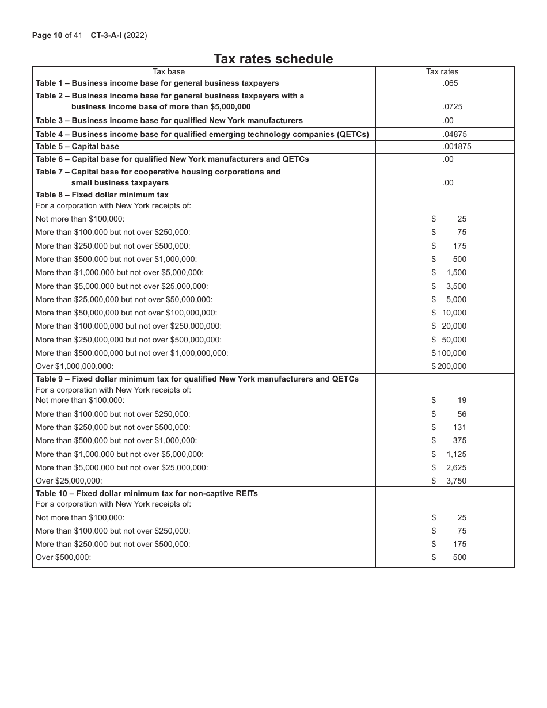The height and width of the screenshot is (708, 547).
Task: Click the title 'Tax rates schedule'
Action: coord(273,59)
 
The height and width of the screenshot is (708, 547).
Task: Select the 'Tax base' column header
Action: coord(169,72)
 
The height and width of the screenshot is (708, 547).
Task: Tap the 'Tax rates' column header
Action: coord(442,72)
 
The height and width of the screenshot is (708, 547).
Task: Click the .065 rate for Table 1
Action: coord(450,83)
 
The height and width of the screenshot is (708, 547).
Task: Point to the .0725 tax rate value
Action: coord(452,106)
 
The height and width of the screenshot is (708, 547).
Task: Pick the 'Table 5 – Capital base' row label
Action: coord(77,147)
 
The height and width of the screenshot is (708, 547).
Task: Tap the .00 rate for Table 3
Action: coord(448,121)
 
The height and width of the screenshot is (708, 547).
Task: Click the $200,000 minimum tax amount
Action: coord(449,367)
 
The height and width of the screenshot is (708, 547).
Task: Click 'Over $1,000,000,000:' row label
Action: coord(74,367)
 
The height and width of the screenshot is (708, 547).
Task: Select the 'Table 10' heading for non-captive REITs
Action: coord(146,493)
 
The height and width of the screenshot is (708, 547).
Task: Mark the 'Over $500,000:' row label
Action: coord(63,557)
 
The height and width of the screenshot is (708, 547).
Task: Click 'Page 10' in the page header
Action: coord(47,36)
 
